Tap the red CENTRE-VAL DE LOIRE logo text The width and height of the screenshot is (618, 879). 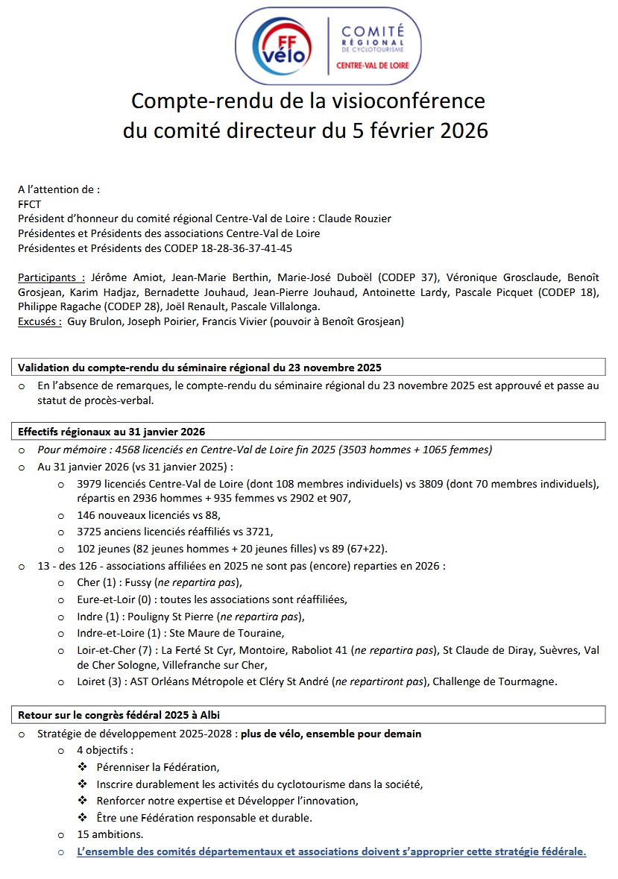tap(373, 65)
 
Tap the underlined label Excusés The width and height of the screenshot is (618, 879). tap(40, 321)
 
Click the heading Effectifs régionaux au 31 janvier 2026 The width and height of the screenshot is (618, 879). tap(111, 432)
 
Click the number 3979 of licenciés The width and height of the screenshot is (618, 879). tap(90, 485)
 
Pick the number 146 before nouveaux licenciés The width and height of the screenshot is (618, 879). tap(86, 515)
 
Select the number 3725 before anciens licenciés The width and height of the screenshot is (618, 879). tap(90, 531)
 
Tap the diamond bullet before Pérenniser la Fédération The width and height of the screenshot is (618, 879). tap(83, 767)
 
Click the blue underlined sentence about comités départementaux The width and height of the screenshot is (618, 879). tap(332, 851)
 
